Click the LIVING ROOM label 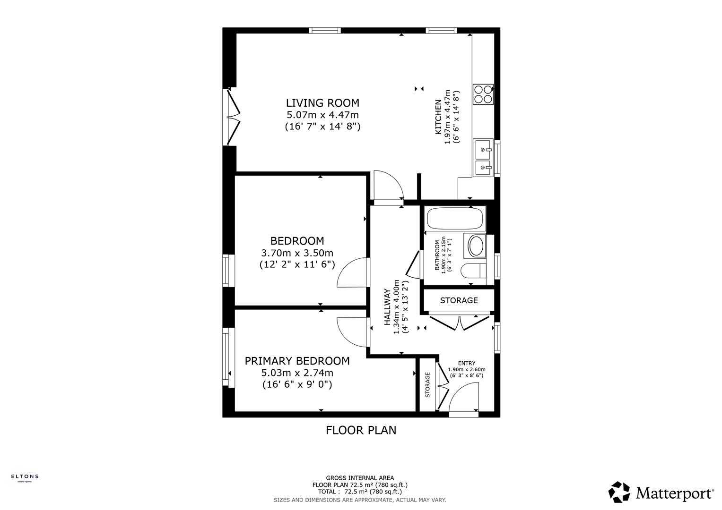(322, 103)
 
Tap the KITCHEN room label (438, 116)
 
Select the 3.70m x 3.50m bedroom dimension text (297, 253)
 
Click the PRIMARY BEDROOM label (297, 361)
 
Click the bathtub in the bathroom (454, 219)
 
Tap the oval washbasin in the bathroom (475, 246)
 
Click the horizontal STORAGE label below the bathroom (459, 300)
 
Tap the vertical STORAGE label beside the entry (427, 385)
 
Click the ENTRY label (466, 363)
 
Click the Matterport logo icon (619, 492)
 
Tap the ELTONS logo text (25, 476)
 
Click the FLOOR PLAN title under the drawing (361, 430)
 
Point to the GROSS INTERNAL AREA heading (360, 478)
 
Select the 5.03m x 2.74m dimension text (297, 373)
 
